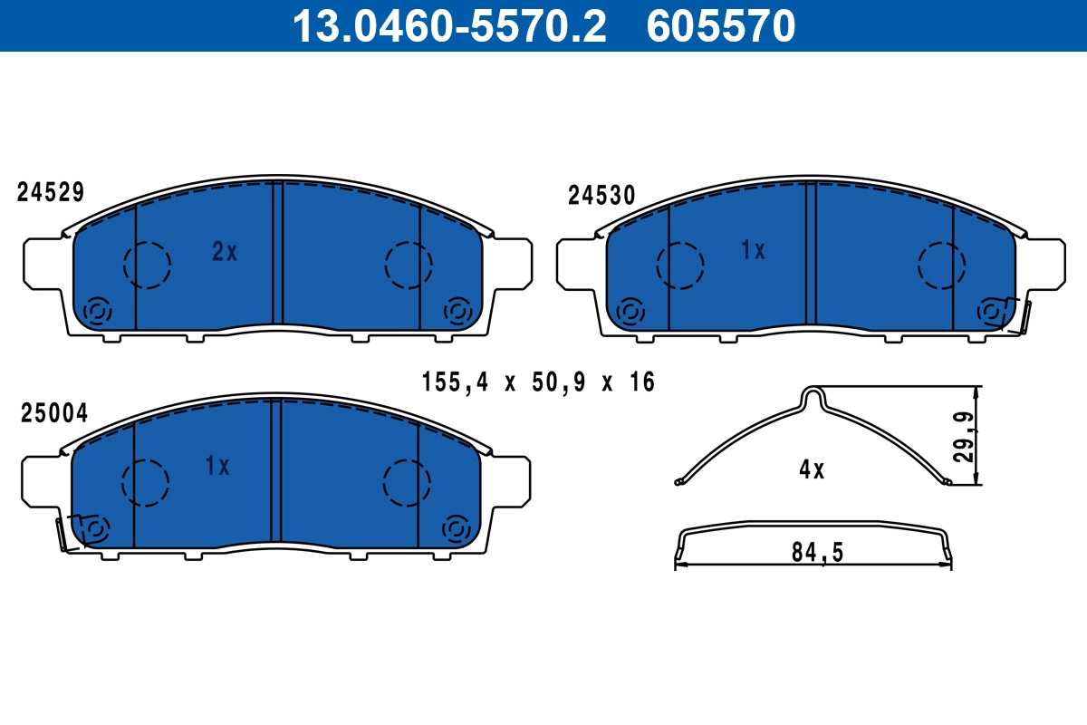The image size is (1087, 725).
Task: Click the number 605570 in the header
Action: click(x=721, y=25)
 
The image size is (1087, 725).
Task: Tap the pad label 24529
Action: click(x=51, y=192)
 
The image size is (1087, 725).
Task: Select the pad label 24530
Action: click(x=601, y=196)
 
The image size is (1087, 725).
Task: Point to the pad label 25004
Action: click(x=53, y=413)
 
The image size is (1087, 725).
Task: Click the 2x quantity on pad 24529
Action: click(x=225, y=252)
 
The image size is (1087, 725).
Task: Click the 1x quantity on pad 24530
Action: click(x=754, y=250)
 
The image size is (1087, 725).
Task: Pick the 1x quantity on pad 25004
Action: click(x=217, y=467)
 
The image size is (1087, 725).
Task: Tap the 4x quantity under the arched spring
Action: click(x=812, y=469)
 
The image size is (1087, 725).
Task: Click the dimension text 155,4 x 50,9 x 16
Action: click(x=538, y=382)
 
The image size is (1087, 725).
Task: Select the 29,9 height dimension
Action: click(x=966, y=437)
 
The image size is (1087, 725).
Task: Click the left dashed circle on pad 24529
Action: click(x=147, y=266)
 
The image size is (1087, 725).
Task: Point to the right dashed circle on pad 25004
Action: click(x=407, y=482)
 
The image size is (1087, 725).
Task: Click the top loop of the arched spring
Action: click(x=814, y=395)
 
